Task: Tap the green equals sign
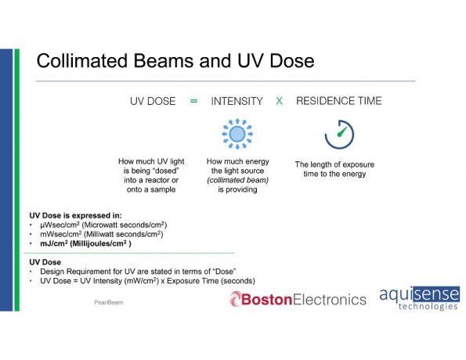click(193, 101)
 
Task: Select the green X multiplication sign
click(279, 101)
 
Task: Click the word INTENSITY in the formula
click(237, 101)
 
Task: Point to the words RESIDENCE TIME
click(339, 101)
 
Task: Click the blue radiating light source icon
click(237, 134)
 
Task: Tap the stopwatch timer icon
click(339, 135)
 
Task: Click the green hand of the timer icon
click(341, 132)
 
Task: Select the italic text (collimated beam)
click(238, 180)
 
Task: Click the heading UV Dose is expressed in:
click(75, 215)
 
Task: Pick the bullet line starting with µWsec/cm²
click(103, 225)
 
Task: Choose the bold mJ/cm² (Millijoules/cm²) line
click(85, 243)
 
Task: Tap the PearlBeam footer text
click(109, 302)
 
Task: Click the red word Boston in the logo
click(266, 300)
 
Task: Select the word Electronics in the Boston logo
click(329, 300)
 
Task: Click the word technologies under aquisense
click(428, 306)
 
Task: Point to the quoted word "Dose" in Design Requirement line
click(224, 272)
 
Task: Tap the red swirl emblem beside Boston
click(235, 299)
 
